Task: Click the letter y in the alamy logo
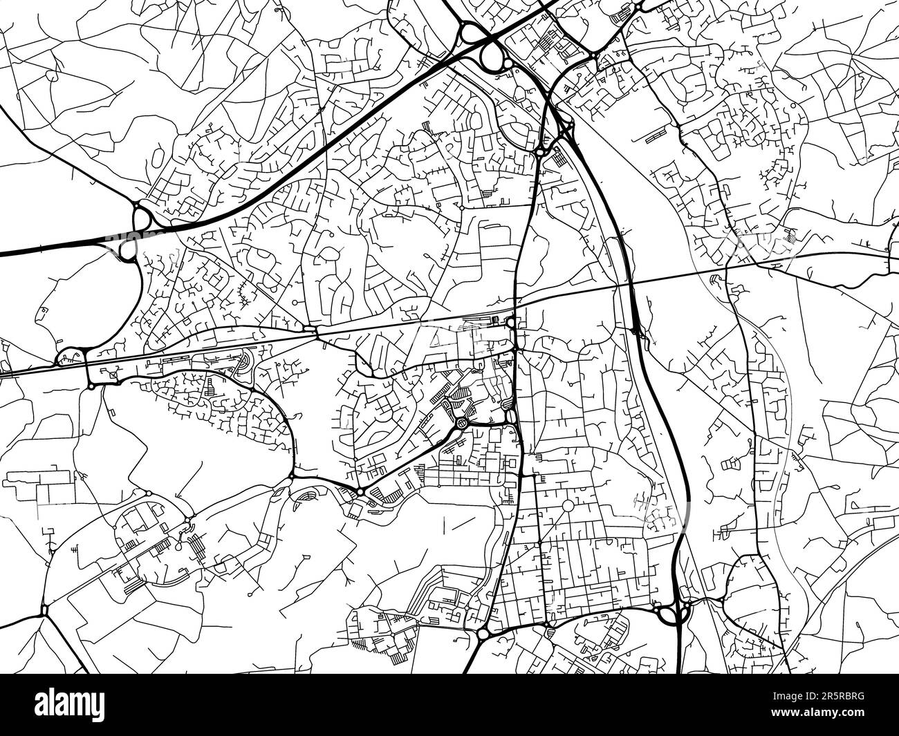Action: coord(114,708)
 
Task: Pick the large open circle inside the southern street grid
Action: coord(568,507)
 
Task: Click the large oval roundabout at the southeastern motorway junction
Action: coord(669,613)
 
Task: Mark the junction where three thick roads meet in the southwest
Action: coord(45,610)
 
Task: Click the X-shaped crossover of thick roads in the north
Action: coord(566,127)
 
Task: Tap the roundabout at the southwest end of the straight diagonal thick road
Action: coord(360,491)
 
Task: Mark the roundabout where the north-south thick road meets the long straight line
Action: coord(511,322)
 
